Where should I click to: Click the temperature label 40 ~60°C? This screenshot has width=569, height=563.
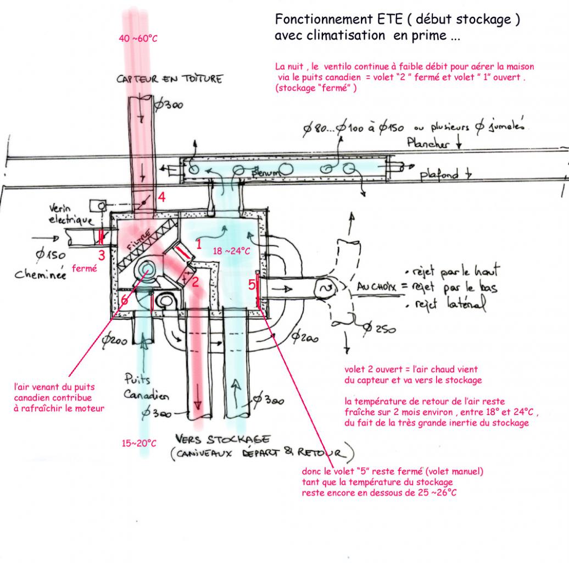[134, 38]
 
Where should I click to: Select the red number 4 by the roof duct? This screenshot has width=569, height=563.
[161, 196]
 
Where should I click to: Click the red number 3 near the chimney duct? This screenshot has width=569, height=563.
[102, 255]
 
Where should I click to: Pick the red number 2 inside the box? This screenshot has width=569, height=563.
[194, 281]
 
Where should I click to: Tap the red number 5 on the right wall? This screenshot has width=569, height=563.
[252, 285]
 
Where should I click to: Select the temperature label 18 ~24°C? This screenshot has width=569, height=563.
[231, 251]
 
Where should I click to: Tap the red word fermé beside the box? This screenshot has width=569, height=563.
[85, 269]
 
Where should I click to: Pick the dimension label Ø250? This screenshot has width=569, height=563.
[378, 328]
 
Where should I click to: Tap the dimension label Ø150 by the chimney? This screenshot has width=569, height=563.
[51, 255]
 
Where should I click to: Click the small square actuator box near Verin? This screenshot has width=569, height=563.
[99, 206]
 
